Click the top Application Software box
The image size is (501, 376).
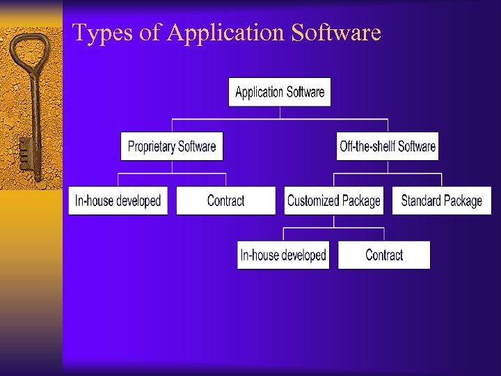click(x=280, y=92)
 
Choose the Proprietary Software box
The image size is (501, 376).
click(x=172, y=146)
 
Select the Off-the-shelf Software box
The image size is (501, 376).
click(x=388, y=146)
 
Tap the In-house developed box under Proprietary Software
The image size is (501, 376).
click(x=118, y=201)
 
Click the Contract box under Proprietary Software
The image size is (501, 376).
click(x=226, y=201)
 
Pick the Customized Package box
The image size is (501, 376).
click(x=334, y=201)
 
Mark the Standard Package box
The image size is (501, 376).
click(x=442, y=201)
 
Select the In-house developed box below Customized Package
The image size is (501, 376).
click(x=283, y=255)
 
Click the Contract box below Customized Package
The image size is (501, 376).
click(x=384, y=255)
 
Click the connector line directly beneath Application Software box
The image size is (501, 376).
click(x=280, y=113)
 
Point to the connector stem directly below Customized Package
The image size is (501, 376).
click(x=334, y=221)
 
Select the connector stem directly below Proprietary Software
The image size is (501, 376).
click(x=172, y=167)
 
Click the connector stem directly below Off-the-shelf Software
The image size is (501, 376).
click(x=388, y=167)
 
